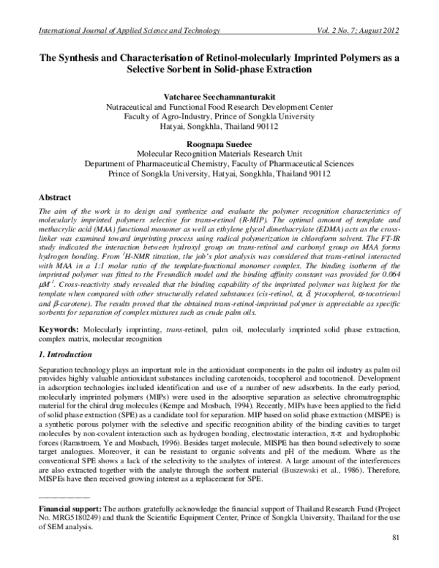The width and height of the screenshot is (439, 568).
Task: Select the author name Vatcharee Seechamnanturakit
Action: click(219, 96)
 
